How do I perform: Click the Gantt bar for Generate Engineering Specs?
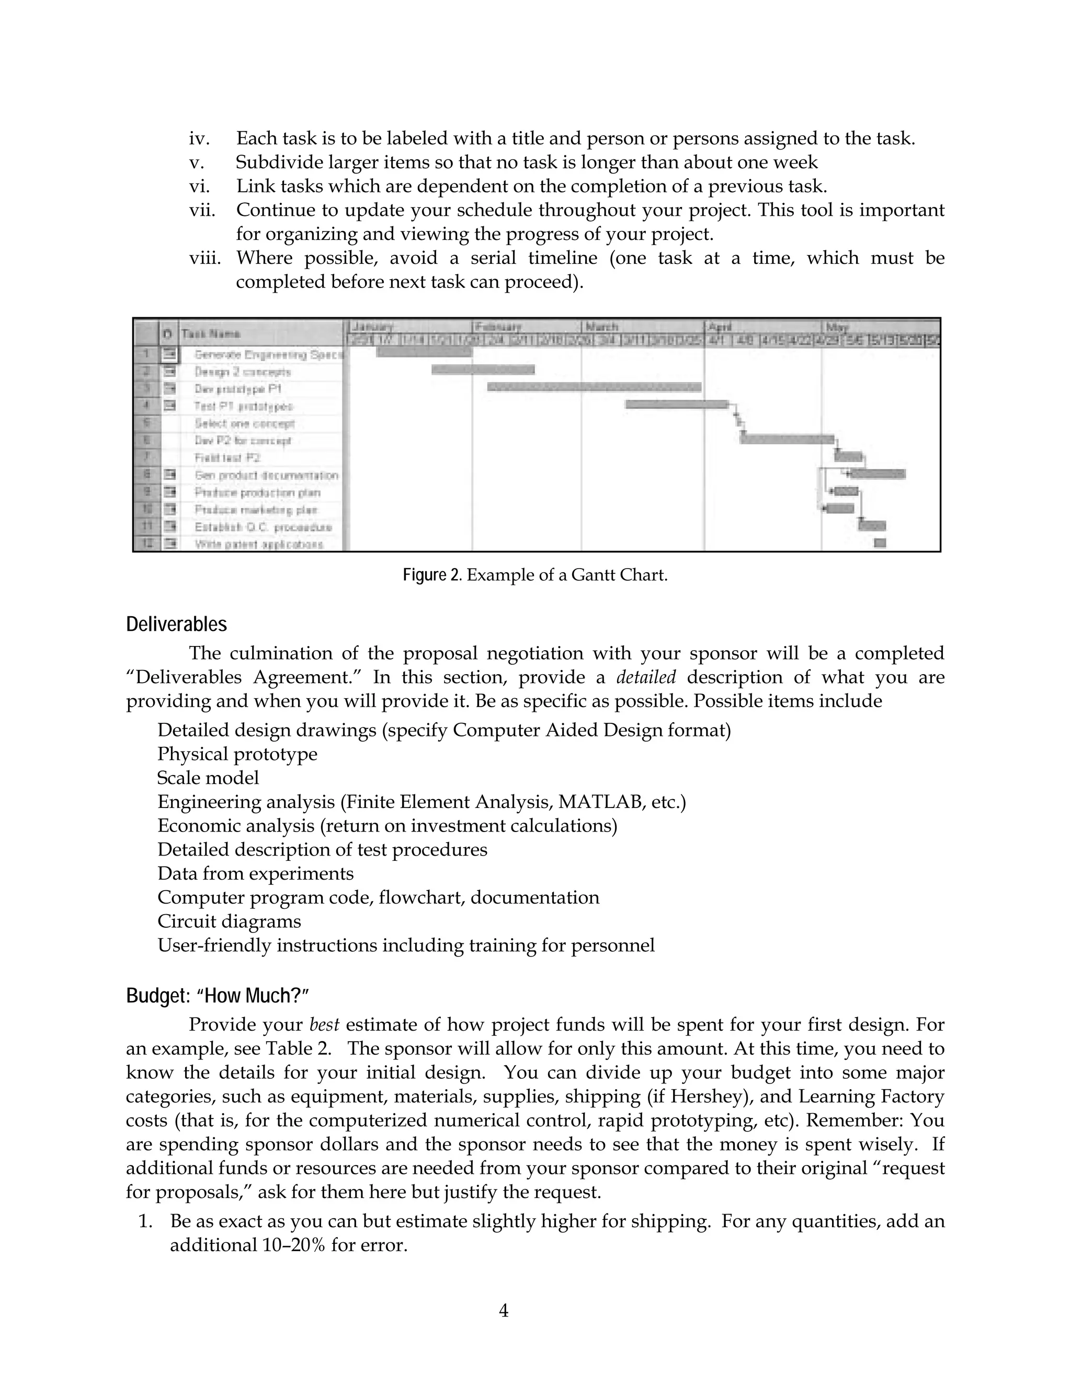pyautogui.click(x=424, y=351)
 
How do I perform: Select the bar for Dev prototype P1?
pyautogui.click(x=594, y=387)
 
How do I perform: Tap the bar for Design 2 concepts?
pyautogui.click(x=483, y=370)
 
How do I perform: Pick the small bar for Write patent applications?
pyautogui.click(x=880, y=543)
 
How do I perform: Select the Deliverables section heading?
pyautogui.click(x=176, y=625)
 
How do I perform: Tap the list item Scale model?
pyautogui.click(x=208, y=778)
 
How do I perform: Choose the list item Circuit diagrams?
pyautogui.click(x=229, y=921)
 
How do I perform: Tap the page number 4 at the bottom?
pyautogui.click(x=504, y=1310)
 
